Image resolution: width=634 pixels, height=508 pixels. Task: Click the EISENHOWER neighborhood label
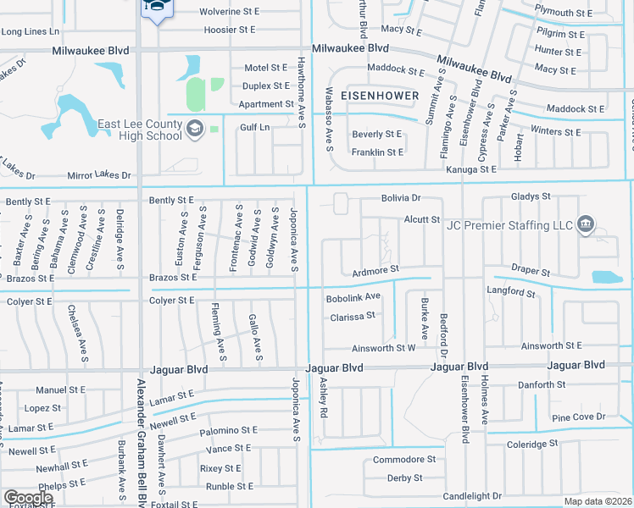[x=379, y=96]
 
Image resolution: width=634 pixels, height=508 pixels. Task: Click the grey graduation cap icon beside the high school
[x=195, y=129]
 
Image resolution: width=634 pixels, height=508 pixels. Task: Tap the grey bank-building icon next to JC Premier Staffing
[x=584, y=224]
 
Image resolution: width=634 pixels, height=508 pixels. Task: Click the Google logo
[x=28, y=498]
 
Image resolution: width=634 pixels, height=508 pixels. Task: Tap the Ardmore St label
[x=375, y=270]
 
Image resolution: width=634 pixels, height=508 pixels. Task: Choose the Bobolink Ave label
[x=353, y=297]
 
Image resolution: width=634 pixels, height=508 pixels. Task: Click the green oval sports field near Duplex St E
[x=196, y=94]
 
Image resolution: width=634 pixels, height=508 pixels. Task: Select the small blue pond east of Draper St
[x=606, y=277]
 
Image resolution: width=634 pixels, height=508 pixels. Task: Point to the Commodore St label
[x=403, y=460]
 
